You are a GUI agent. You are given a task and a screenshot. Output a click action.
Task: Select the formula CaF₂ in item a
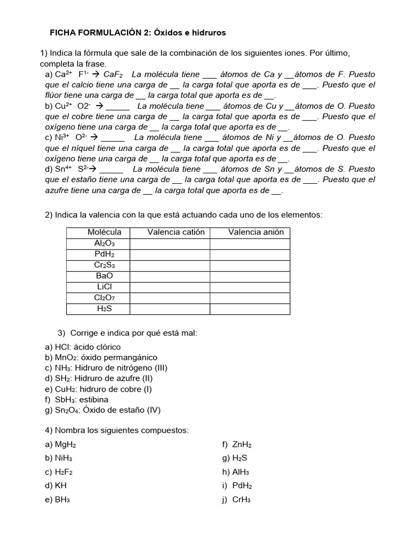pos(113,74)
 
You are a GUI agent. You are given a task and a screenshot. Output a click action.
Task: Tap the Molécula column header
pos(104,232)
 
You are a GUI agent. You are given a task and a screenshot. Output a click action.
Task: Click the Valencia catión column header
pos(176,232)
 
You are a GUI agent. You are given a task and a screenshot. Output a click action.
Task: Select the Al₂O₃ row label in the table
pos(104,243)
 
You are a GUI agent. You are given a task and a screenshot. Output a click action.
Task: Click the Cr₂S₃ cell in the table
pos(104,265)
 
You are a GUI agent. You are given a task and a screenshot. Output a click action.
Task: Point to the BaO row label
pos(104,276)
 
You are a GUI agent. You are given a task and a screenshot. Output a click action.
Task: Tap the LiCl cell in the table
pos(104,287)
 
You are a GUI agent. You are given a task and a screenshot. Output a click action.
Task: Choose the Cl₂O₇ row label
pos(104,298)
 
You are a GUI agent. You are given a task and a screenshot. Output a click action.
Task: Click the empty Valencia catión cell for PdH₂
pos(170,254)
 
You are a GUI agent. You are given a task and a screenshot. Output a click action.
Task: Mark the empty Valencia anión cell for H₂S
pos(250,309)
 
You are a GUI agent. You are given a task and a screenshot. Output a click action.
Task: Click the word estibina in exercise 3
pos(92,400)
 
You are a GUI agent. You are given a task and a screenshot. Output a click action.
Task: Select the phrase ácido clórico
pos(96,347)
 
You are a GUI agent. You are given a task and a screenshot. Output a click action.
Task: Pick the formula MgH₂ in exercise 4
pos(66,445)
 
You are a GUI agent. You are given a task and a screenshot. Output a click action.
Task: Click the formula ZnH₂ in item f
pos(242,445)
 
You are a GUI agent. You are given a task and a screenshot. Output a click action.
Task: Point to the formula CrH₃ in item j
pos(241,500)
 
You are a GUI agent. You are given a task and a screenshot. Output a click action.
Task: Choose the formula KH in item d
pos(61,486)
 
